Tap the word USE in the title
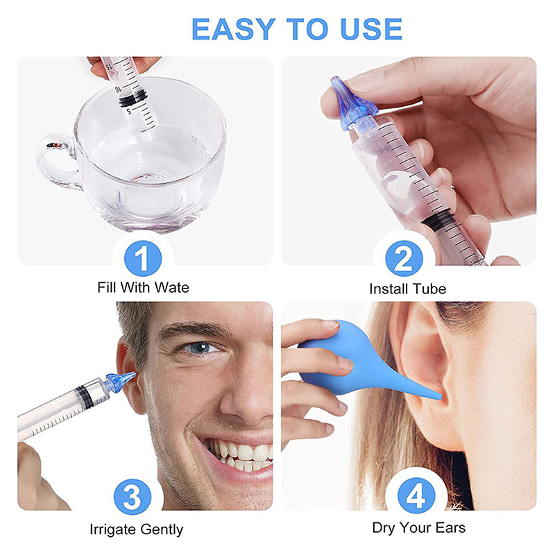[371, 28]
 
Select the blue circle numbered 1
[143, 258]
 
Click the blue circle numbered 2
[404, 258]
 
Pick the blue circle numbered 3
[133, 497]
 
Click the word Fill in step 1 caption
[107, 287]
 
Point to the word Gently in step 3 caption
[162, 530]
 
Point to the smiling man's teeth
[241, 455]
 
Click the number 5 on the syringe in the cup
[129, 111]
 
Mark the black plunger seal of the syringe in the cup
[133, 99]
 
